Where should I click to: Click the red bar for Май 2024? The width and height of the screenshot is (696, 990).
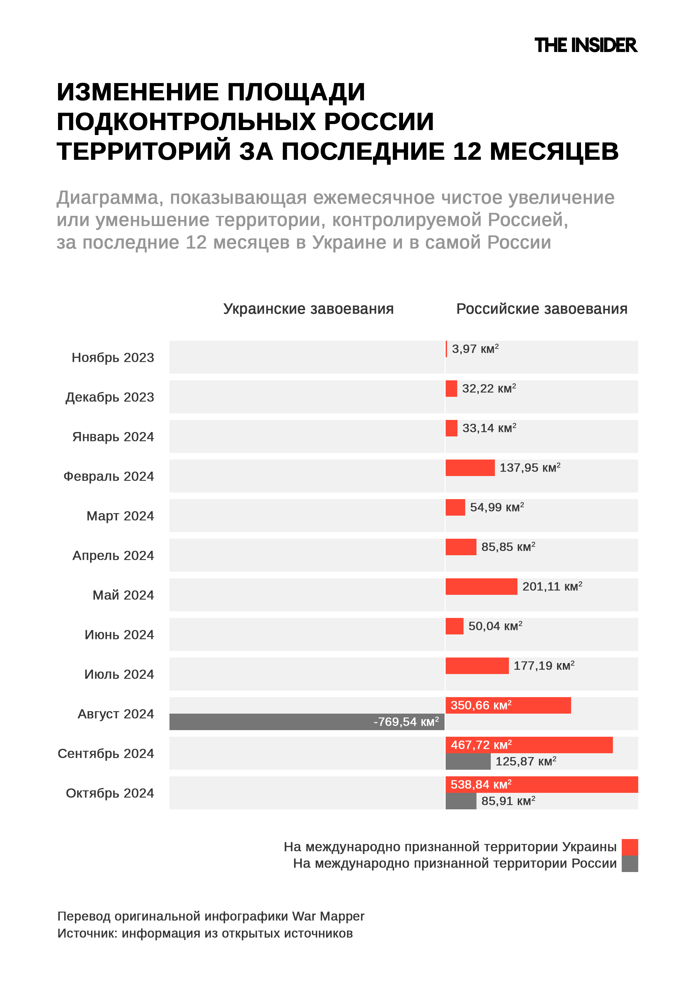(481, 586)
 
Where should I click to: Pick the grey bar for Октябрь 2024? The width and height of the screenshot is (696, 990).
(461, 801)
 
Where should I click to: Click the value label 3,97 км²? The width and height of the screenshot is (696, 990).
(475, 349)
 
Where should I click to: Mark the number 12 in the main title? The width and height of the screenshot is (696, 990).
(467, 151)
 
